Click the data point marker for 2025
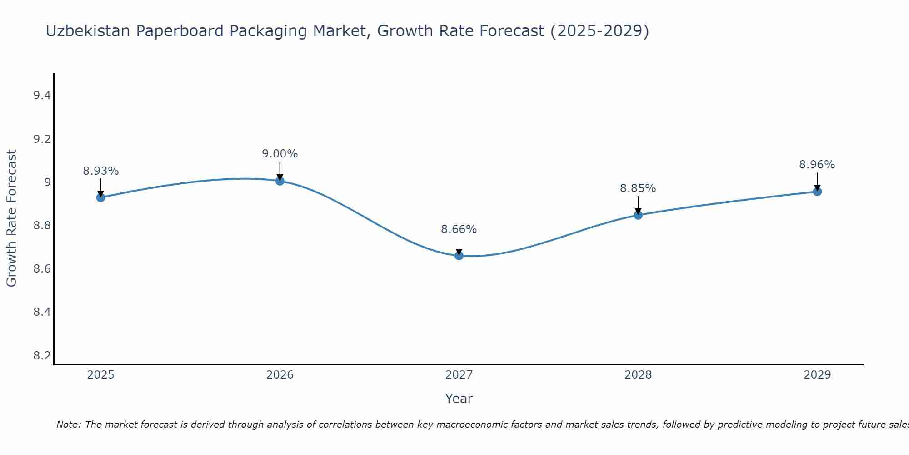click(100, 197)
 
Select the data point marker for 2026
click(280, 181)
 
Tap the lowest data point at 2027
click(459, 256)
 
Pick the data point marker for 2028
click(638, 215)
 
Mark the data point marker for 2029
click(817, 192)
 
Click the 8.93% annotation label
click(100, 171)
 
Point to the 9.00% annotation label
click(280, 154)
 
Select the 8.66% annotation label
click(459, 229)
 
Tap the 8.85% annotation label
click(638, 188)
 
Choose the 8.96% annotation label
click(817, 165)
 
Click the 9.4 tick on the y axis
click(42, 96)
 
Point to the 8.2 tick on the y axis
click(42, 355)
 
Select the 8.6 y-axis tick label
click(42, 269)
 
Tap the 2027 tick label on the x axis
click(459, 375)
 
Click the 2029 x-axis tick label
click(817, 375)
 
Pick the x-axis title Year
click(459, 399)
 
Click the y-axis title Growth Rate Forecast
click(11, 218)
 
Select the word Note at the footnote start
click(68, 425)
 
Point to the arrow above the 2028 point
click(638, 205)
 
